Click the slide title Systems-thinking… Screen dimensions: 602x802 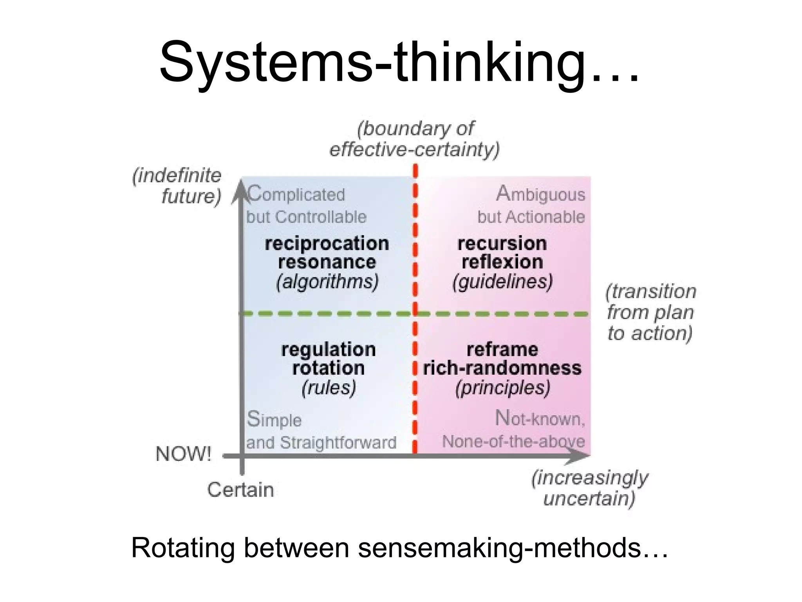399,63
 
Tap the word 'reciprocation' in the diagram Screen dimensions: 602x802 327,244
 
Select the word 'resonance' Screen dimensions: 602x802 327,262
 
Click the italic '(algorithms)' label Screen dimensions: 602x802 327,282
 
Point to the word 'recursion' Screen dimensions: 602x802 502,244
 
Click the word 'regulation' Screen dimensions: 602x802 328,350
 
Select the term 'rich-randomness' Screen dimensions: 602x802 502,368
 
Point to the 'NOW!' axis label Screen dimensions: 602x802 183,454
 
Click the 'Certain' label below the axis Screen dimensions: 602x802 240,490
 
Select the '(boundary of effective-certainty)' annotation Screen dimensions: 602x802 415,139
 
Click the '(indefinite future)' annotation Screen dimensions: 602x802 178,186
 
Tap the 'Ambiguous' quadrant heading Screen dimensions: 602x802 540,194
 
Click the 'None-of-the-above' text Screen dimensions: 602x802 513,442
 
